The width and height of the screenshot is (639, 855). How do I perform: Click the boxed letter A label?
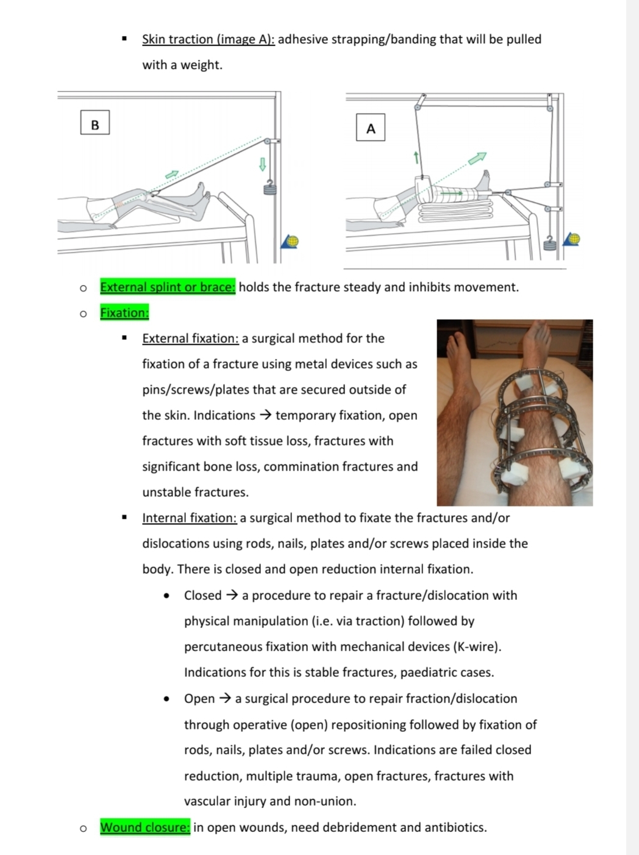tap(371, 128)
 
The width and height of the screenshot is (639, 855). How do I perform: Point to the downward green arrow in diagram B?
tap(263, 164)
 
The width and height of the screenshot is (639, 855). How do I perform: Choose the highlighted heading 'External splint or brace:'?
tap(167, 287)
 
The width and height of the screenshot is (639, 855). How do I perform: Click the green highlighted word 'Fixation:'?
tap(124, 312)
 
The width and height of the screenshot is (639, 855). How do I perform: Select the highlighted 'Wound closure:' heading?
tap(145, 828)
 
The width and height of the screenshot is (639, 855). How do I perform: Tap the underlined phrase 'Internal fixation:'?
tap(189, 518)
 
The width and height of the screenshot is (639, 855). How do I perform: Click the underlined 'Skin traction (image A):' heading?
tap(208, 40)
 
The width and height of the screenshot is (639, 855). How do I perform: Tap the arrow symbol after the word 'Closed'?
tap(232, 596)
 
